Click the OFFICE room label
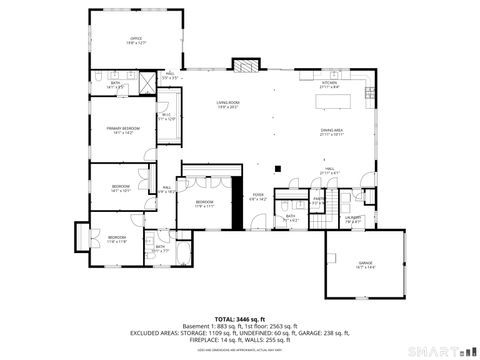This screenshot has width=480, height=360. (x=137, y=42)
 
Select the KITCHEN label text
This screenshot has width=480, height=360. (x=330, y=85)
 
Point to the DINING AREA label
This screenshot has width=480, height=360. (x=332, y=132)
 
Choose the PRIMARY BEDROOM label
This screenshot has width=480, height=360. (x=122, y=130)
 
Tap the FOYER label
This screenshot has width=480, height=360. (x=258, y=196)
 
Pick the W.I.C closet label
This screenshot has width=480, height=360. (x=167, y=118)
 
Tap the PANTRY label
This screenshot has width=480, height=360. (x=319, y=199)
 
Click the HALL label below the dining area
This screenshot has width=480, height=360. (x=328, y=171)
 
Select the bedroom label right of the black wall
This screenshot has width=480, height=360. (x=204, y=203)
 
